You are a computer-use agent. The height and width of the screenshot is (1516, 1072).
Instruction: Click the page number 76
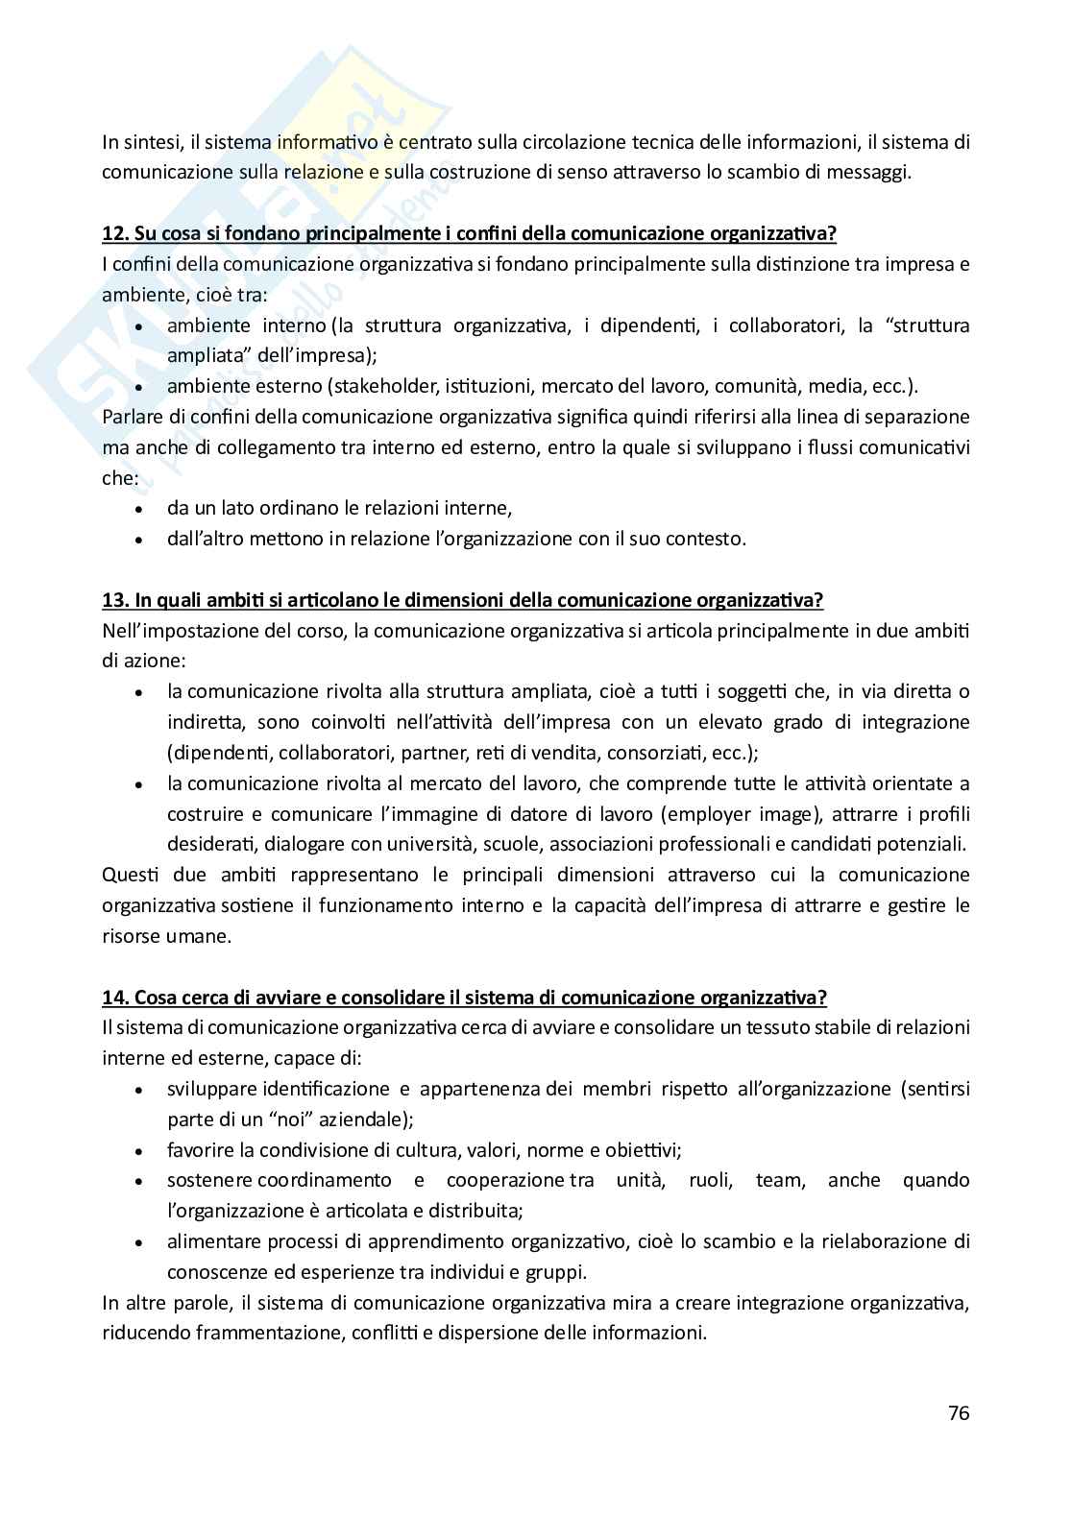pos(958,1412)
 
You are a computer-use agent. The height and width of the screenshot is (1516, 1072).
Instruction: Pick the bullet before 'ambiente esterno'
pos(140,388)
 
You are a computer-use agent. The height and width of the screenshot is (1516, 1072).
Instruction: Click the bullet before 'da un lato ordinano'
pos(140,510)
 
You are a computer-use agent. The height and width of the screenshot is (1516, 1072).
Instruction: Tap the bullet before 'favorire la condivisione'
pos(140,1151)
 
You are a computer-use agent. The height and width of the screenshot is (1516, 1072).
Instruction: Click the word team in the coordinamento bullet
pos(778,1180)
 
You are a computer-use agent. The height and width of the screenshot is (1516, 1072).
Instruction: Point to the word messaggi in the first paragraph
pos(867,173)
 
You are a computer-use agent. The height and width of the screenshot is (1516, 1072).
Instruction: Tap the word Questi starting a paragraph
pos(129,875)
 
